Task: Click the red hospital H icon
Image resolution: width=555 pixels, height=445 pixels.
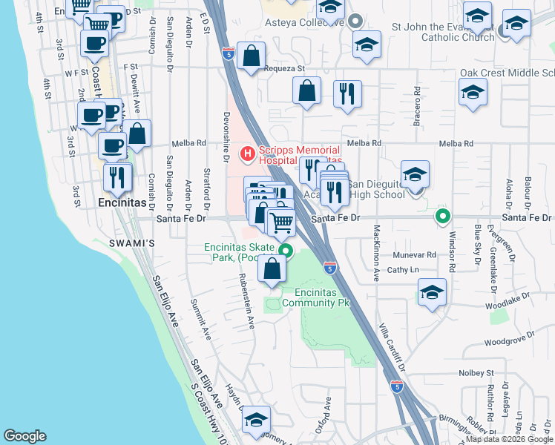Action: coord(246,154)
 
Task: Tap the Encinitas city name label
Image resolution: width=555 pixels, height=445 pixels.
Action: coord(122,201)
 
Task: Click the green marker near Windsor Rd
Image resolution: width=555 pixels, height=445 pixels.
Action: coord(443,217)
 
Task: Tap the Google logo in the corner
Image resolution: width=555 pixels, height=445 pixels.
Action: coord(24,436)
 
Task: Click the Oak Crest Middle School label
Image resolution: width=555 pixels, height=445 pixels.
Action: coord(507,73)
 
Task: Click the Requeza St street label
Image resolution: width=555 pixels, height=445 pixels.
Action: coord(285,69)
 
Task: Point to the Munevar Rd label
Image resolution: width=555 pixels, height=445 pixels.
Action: coord(432,254)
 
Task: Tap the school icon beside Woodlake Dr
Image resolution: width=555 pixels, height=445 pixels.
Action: coord(431,291)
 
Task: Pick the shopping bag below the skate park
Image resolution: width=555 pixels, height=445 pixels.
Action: coord(272,269)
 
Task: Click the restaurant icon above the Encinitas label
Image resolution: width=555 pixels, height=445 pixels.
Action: coord(117,177)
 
